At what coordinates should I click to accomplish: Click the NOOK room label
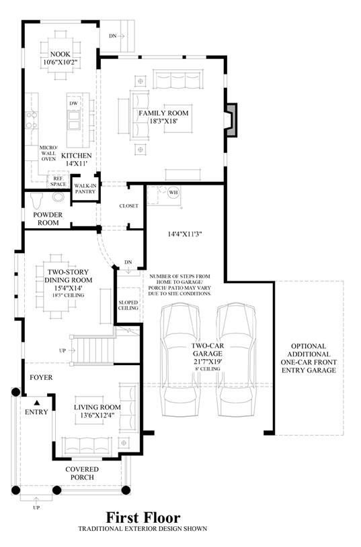60,54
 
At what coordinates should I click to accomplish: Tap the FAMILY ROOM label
163,113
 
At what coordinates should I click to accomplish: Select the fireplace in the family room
231,119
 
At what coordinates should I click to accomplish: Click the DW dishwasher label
73,103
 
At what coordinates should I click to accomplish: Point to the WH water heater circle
173,192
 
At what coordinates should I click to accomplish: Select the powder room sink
58,197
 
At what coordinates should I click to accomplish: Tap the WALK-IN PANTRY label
85,189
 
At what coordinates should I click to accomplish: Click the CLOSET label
128,206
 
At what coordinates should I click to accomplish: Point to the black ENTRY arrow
36,403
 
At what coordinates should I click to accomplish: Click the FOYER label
41,377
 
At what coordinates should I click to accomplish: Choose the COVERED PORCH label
82,473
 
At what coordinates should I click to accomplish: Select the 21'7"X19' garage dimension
208,362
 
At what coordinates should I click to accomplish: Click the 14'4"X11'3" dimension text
185,234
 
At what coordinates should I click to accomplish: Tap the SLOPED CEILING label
128,305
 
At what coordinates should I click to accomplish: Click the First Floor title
143,517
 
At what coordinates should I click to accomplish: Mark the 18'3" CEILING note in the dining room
69,295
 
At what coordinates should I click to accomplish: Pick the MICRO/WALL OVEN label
48,153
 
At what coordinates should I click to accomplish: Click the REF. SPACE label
58,181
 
